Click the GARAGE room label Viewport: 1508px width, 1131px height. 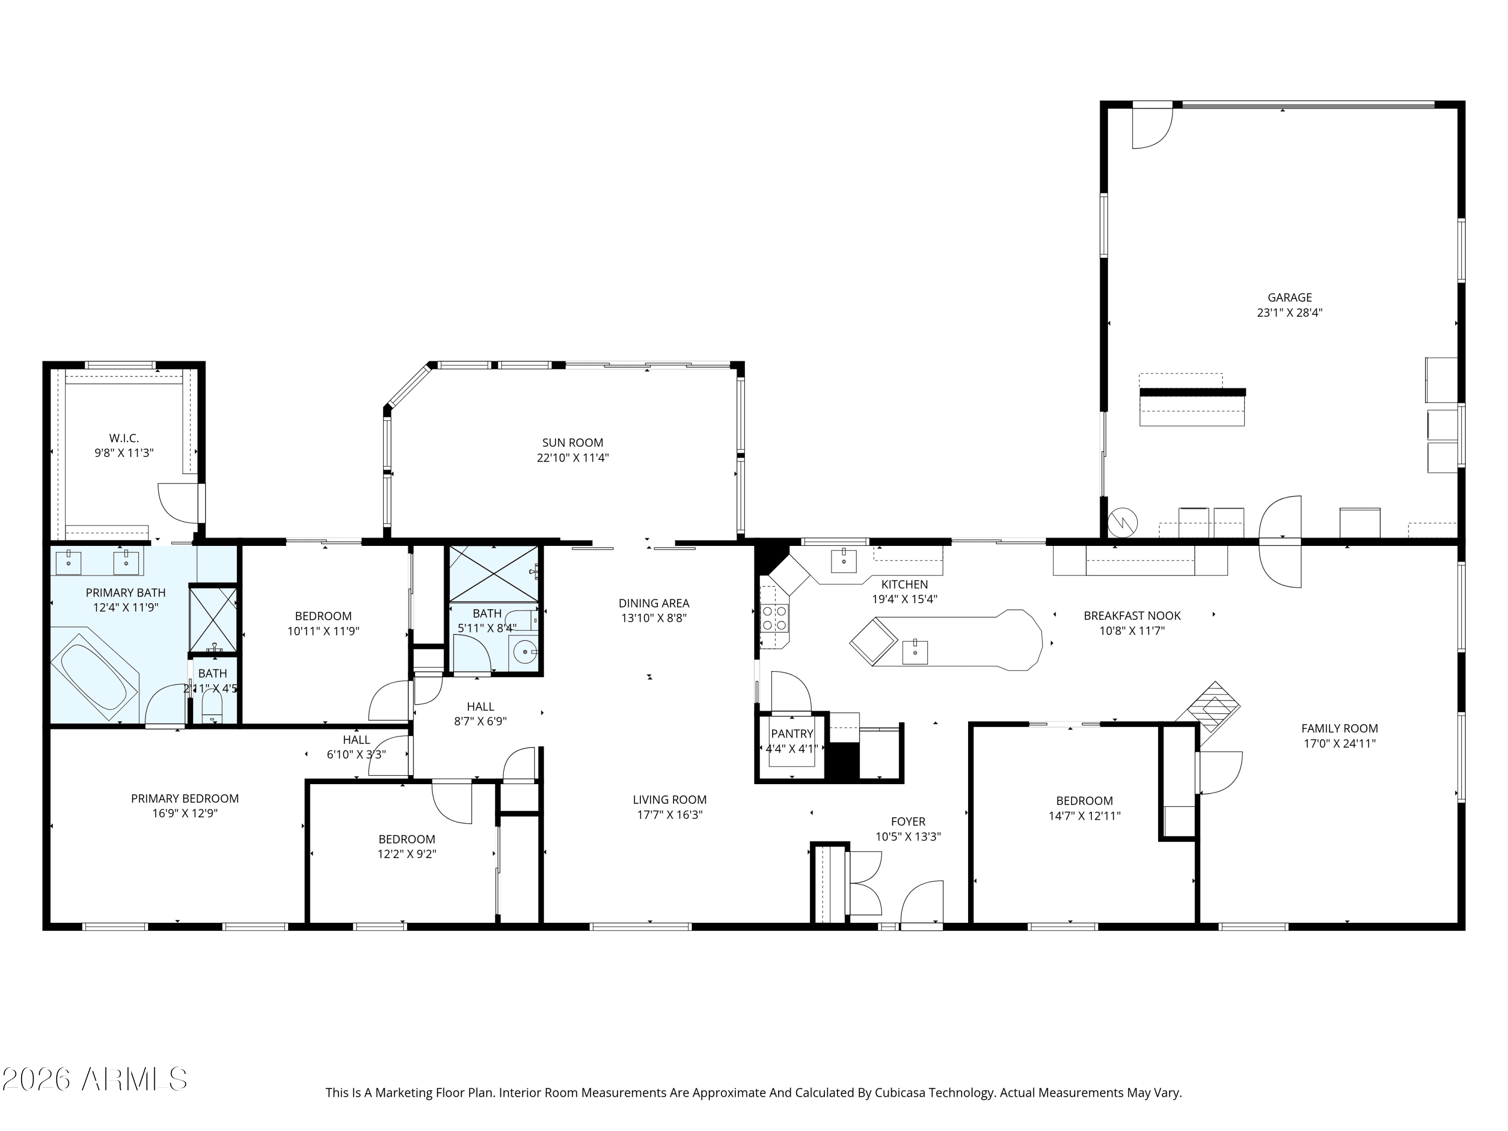[x=1289, y=297]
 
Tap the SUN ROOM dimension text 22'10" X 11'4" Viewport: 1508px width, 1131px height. [x=572, y=458]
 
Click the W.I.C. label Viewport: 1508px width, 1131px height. [x=124, y=438]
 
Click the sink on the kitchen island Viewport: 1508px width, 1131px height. [x=914, y=652]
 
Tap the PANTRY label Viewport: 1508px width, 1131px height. [x=792, y=733]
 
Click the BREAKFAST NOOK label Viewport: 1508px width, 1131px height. [x=1132, y=616]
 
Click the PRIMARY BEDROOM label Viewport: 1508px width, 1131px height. [x=185, y=798]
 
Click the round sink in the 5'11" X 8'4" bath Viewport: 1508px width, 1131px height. [x=524, y=652]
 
